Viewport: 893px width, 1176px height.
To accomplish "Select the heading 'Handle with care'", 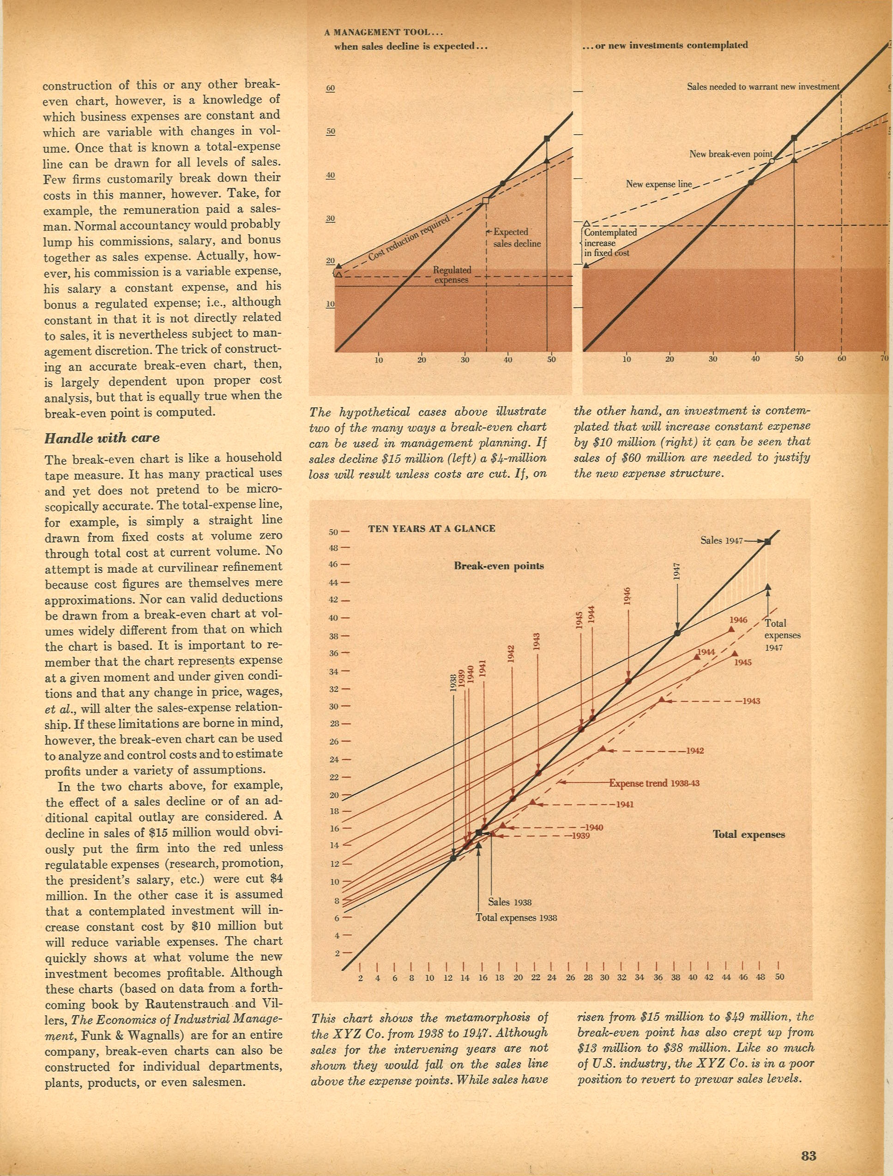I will [x=102, y=438].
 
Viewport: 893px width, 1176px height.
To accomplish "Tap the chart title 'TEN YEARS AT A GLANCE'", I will [x=431, y=528].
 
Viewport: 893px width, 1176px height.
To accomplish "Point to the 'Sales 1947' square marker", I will [x=767, y=541].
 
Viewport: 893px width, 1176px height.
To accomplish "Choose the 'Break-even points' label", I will [x=499, y=566].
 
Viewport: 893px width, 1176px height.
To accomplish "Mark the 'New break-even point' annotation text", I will [x=731, y=154].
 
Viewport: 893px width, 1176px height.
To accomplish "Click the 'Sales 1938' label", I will [x=509, y=902].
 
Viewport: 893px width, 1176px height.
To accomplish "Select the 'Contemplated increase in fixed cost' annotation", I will [x=609, y=243].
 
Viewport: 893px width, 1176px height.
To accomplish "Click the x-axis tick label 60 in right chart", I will [x=841, y=359].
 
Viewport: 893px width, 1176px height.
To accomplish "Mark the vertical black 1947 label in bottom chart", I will [x=677, y=573].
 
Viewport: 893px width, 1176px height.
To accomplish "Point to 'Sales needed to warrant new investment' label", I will [x=763, y=87].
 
